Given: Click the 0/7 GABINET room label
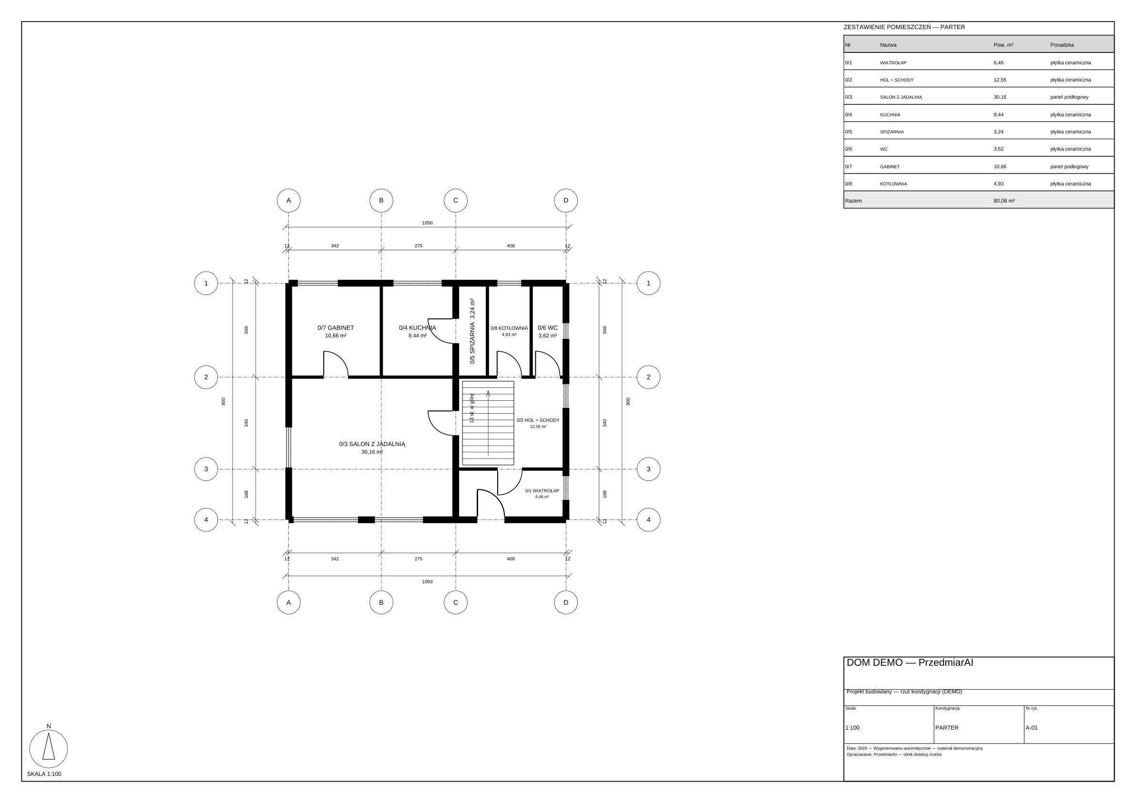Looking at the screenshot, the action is (x=336, y=327).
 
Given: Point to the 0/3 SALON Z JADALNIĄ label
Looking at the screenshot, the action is (x=372, y=444).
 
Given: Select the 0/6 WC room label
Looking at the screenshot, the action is (x=547, y=327).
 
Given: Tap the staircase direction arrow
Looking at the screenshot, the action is (x=488, y=423).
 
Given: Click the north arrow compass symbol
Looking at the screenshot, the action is (x=49, y=749).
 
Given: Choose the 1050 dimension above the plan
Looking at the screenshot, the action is (x=427, y=223).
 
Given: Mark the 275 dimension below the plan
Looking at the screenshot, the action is (x=418, y=559).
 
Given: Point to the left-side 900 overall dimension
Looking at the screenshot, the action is (x=223, y=401).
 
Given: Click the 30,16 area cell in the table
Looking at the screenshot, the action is (x=1000, y=97).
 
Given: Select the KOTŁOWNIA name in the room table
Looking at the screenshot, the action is (x=893, y=184).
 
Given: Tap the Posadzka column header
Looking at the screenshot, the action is (x=1062, y=45).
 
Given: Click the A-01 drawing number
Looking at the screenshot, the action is (x=1032, y=728).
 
